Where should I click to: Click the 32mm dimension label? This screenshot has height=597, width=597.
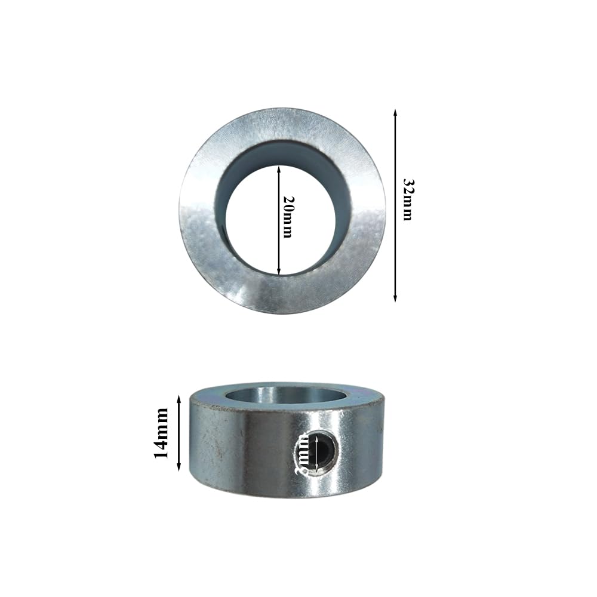[407, 199]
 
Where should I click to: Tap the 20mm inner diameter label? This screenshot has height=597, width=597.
[287, 217]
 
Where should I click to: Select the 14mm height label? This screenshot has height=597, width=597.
[161, 433]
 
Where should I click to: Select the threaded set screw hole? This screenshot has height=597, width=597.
[316, 449]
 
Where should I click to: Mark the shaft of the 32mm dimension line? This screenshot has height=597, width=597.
[395, 239]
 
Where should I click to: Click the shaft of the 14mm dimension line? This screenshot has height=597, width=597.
[179, 433]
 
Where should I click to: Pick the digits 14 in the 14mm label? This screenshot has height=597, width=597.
[161, 449]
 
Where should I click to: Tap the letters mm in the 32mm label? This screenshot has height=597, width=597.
[407, 209]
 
